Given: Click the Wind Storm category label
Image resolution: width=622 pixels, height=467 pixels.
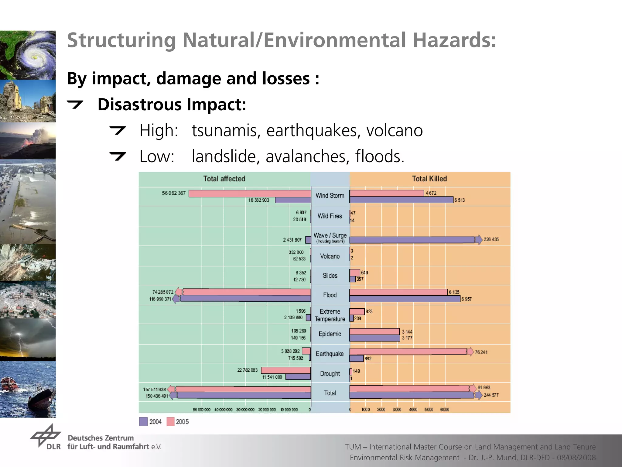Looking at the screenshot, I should click(x=330, y=196).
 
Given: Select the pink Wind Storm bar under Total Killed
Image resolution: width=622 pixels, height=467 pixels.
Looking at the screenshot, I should click(x=387, y=193).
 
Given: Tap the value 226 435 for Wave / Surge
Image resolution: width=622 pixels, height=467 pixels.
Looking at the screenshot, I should click(x=491, y=239).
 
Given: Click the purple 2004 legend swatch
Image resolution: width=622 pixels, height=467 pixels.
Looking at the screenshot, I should click(x=143, y=422).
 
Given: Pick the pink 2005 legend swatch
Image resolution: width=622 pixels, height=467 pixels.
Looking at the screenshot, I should click(x=170, y=422).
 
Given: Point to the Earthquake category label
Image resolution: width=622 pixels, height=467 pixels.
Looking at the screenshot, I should click(x=330, y=354).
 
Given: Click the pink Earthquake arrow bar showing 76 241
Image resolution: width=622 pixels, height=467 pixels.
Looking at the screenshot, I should click(x=408, y=352).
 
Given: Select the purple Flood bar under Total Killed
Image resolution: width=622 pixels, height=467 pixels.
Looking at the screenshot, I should click(x=405, y=299).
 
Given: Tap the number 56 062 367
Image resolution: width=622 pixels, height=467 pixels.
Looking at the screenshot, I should click(x=173, y=193).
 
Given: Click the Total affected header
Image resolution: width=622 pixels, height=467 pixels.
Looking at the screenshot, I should click(x=224, y=179).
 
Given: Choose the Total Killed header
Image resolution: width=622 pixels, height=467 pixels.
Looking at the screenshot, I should click(x=429, y=179).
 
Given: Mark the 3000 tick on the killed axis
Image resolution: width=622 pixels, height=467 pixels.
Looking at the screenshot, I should click(x=397, y=410).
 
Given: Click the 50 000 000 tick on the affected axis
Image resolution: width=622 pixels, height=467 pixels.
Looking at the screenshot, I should click(x=202, y=410).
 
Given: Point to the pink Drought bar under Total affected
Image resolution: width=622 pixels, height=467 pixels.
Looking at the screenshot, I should click(x=286, y=370).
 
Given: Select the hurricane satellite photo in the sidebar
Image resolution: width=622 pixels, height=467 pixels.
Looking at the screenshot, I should click(x=28, y=55).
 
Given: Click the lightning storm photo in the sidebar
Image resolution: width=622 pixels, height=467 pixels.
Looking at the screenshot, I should click(x=28, y=340).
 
